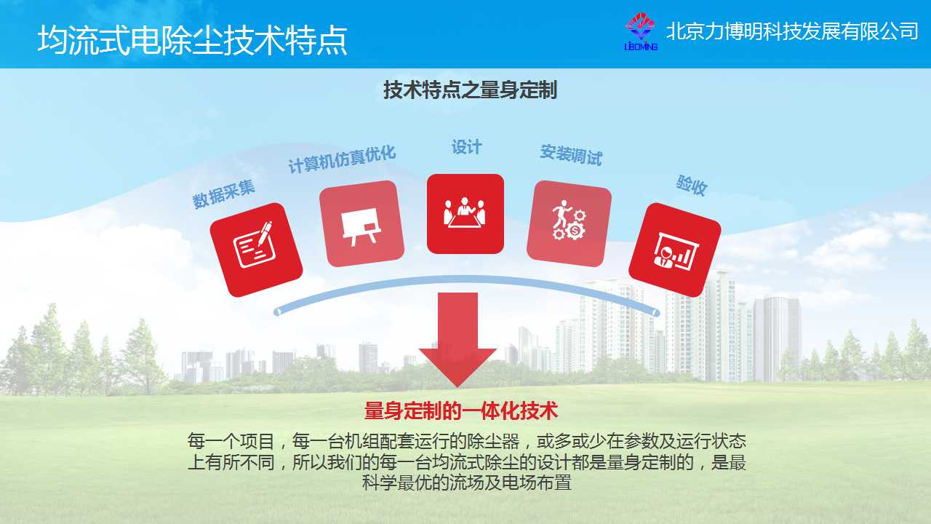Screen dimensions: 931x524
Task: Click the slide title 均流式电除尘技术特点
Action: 192,40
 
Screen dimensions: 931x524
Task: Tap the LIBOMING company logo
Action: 641,31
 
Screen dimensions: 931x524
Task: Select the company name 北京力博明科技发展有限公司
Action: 792,31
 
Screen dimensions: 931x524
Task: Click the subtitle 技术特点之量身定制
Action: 470,90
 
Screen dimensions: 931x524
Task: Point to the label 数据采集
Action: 223,194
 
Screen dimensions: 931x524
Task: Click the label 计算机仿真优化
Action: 342,159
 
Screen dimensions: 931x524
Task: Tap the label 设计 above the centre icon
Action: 466,147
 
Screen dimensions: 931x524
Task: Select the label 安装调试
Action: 571,155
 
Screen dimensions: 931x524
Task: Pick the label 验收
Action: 692,185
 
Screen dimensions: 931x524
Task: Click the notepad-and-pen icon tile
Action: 256,250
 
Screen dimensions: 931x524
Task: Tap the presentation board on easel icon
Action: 361,223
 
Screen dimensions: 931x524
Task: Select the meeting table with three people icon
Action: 465,214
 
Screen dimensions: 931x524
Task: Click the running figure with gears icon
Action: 569,223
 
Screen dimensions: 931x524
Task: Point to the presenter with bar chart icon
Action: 675,250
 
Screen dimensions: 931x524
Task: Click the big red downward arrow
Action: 457,340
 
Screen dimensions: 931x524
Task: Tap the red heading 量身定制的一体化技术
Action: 461,411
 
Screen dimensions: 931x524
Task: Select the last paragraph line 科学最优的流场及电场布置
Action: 467,483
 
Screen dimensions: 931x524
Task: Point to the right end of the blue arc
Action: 656,312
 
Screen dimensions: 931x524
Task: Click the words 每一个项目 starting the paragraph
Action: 231,441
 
